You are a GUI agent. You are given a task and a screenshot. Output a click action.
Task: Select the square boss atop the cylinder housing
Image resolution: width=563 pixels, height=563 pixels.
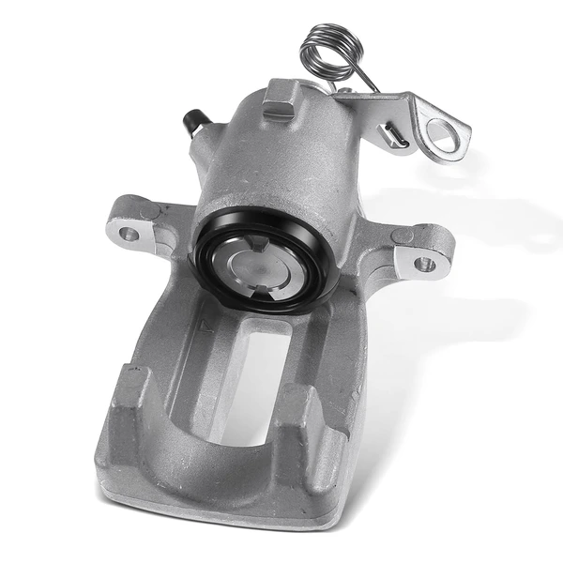tap(280, 99)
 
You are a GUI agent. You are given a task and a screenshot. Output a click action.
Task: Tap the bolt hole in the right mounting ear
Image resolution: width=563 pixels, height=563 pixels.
tap(424, 264)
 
